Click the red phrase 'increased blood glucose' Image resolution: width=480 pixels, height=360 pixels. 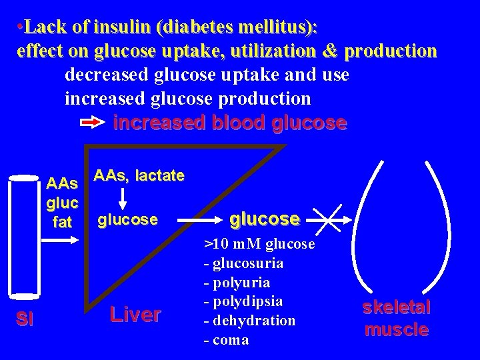click(230, 123)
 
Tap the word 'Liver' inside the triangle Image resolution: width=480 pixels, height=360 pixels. click(135, 314)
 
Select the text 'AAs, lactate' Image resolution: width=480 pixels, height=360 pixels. click(139, 175)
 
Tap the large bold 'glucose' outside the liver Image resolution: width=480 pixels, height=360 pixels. click(264, 219)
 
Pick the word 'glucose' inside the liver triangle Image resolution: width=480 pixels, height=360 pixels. click(128, 219)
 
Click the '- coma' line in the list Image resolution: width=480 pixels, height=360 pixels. click(226, 340)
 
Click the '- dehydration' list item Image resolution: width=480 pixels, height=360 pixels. click(249, 321)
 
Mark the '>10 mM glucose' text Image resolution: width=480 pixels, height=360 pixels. click(259, 244)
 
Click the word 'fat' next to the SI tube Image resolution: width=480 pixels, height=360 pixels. click(62, 222)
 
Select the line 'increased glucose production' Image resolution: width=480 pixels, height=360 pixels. click(187, 99)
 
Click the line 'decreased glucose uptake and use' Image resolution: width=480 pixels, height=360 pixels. click(207, 75)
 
